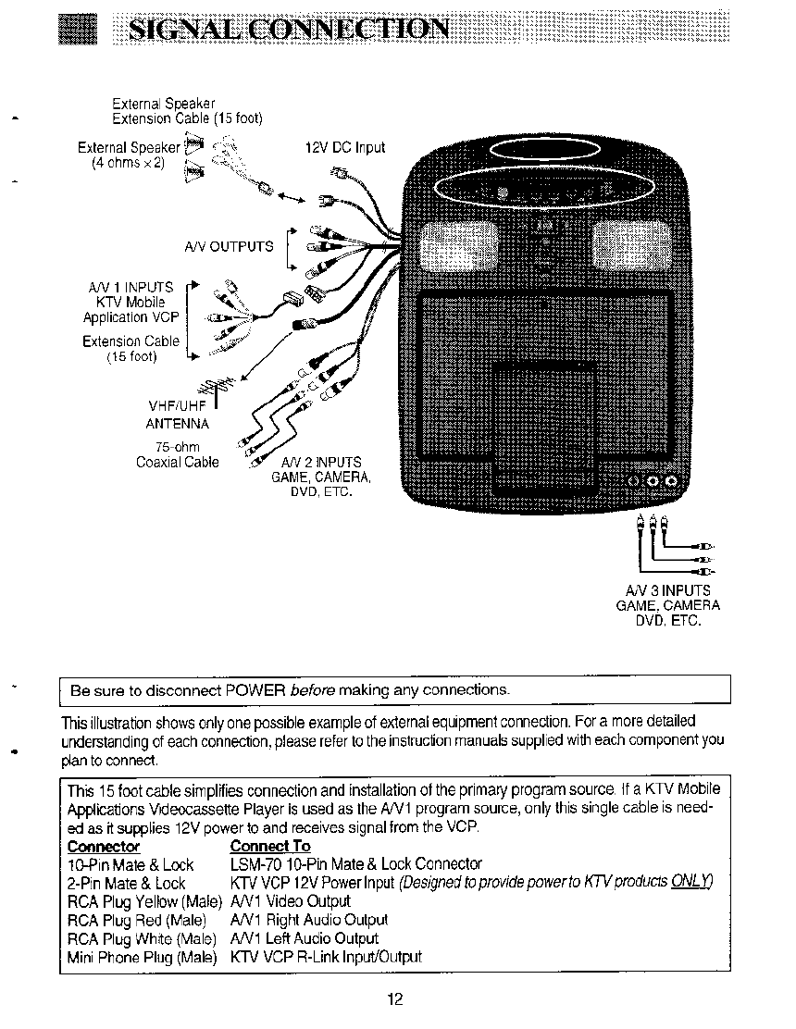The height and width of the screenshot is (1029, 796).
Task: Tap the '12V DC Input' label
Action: coord(345,148)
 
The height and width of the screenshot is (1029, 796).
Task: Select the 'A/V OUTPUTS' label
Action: coord(229,246)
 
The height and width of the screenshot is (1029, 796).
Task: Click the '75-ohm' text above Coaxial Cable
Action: coord(177,448)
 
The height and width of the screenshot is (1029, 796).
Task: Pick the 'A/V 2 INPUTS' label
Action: coord(321,463)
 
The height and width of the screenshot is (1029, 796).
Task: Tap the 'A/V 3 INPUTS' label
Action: coord(667,590)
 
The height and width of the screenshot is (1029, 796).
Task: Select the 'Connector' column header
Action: coord(104,847)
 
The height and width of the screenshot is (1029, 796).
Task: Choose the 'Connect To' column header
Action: coord(270,847)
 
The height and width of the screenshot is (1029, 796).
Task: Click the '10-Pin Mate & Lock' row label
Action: coord(131,865)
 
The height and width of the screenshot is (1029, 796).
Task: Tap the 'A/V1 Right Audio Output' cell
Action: coord(309,920)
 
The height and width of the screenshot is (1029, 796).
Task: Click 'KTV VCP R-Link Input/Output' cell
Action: coord(326,957)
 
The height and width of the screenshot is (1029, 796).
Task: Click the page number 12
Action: coord(396,999)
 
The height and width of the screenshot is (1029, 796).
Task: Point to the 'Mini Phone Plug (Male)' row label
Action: coord(142,957)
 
